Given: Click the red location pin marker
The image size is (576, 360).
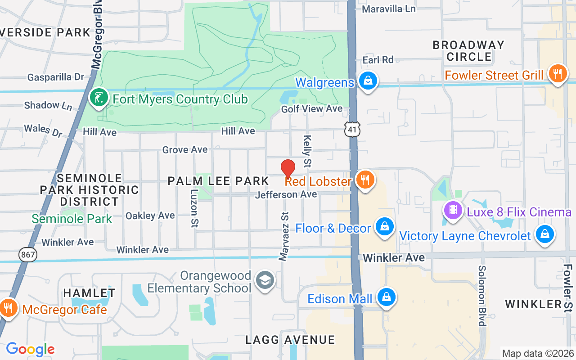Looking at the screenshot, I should (288, 169).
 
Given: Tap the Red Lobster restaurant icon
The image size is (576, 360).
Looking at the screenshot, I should (365, 180).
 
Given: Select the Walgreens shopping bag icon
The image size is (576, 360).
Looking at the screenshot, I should (368, 81).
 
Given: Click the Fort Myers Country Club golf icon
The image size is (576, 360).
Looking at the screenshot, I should (98, 98).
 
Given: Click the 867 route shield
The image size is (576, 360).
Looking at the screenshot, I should (28, 255).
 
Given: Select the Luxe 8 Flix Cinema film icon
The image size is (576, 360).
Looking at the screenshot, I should (453, 210).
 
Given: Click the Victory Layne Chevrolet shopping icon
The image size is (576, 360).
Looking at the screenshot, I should (544, 234).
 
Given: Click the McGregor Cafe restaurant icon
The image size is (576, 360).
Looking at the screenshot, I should (8, 308).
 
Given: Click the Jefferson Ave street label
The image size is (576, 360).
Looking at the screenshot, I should (286, 195).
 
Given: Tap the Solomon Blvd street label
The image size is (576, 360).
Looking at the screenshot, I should (482, 295).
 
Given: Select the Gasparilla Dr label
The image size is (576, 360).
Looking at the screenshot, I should (56, 77).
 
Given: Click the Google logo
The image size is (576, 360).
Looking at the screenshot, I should (30, 349).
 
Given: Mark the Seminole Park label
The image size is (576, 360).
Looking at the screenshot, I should (72, 219).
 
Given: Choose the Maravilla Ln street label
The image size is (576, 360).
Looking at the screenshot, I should (389, 9).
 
